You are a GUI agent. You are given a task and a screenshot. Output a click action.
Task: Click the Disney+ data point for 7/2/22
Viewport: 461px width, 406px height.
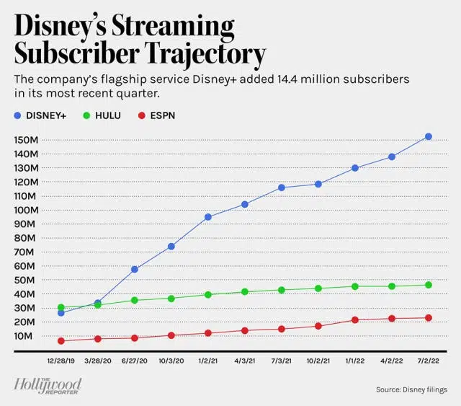[x=429, y=136]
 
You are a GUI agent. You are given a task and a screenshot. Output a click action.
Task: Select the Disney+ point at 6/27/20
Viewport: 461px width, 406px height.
[x=134, y=269]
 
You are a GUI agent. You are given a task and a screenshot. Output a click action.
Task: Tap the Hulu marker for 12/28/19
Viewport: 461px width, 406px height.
[x=61, y=308]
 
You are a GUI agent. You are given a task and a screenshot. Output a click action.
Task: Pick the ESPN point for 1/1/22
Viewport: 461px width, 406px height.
[x=355, y=319]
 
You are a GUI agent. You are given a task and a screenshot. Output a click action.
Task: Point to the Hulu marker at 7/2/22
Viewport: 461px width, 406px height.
[x=429, y=285]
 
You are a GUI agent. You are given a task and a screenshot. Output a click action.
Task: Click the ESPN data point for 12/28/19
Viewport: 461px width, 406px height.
[x=61, y=340]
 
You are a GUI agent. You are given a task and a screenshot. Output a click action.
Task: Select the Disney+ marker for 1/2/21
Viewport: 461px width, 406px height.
[x=208, y=216]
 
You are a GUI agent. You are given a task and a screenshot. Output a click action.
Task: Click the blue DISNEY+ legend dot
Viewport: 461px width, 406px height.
[x=18, y=115]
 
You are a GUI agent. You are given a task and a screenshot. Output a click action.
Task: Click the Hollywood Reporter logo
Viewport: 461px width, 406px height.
[x=48, y=386]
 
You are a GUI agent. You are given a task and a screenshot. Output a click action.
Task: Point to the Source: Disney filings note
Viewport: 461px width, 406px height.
[x=411, y=390]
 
